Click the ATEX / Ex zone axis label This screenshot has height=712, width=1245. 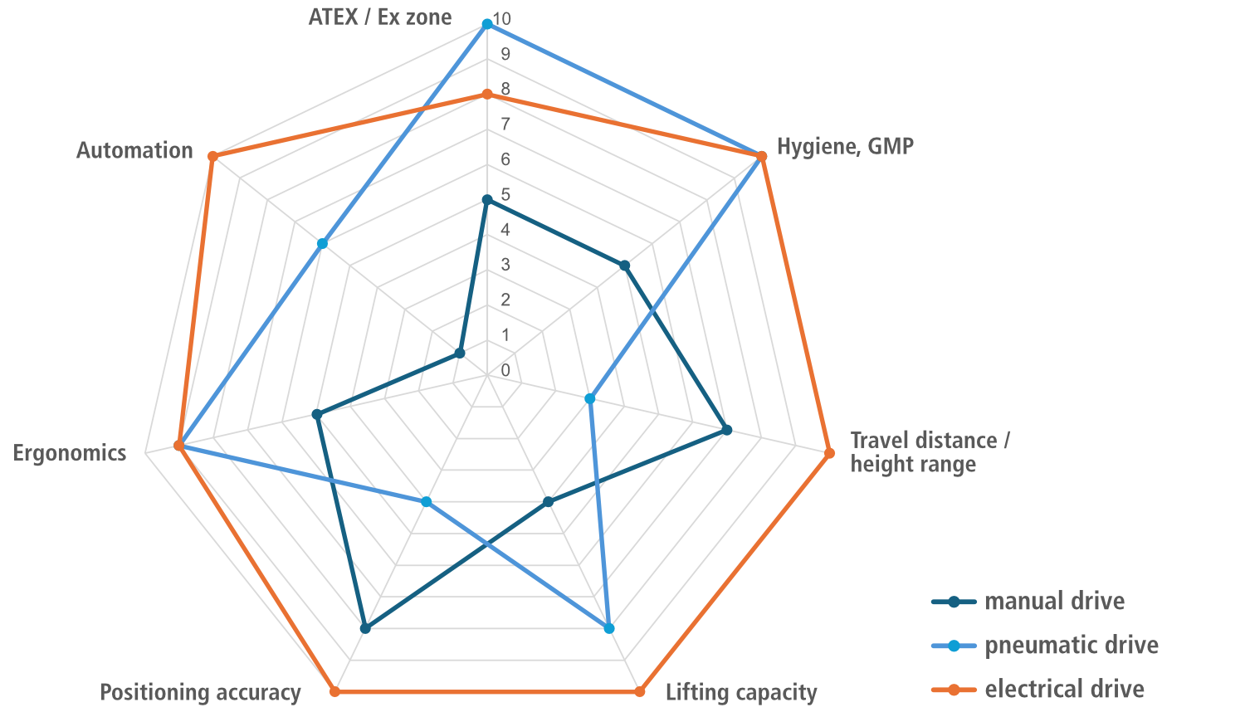click(380, 17)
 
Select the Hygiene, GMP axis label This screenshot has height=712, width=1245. click(845, 147)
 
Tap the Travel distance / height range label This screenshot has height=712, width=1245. click(930, 452)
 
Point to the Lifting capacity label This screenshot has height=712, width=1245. click(741, 692)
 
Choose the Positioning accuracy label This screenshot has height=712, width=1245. click(200, 692)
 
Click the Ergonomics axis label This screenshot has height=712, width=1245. click(70, 453)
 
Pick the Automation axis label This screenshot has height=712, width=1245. click(134, 150)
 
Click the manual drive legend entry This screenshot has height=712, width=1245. click(1054, 601)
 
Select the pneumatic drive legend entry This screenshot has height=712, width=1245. click(1071, 645)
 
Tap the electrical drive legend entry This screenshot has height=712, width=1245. click(1064, 689)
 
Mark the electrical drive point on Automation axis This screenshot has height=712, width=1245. click(212, 156)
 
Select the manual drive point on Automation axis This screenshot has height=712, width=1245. click(459, 354)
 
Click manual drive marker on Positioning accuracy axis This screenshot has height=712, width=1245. click(365, 628)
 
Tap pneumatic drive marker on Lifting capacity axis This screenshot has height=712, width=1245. click(608, 628)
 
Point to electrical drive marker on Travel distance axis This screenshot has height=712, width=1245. click(829, 453)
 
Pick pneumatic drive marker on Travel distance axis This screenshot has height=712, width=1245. click(589, 399)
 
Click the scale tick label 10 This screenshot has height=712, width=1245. click(501, 19)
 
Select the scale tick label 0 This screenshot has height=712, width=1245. click(505, 371)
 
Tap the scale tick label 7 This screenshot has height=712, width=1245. click(505, 124)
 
